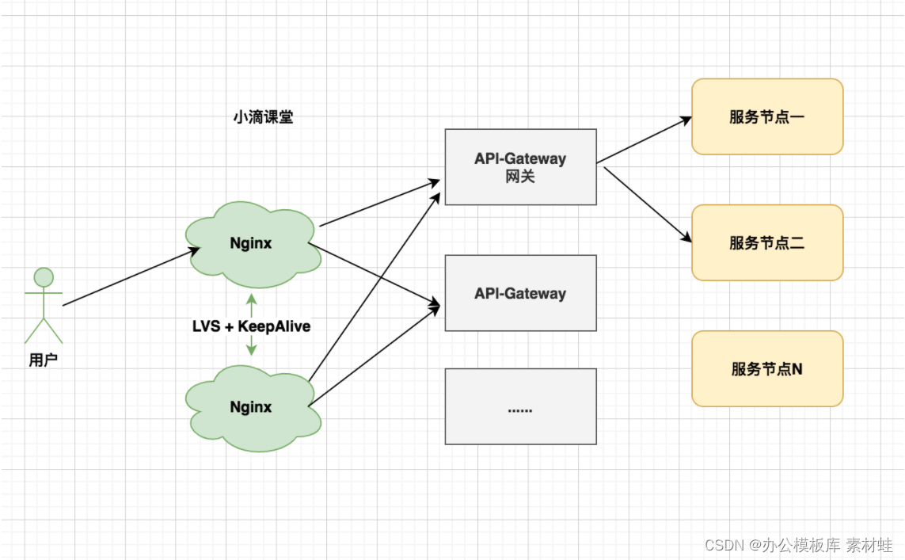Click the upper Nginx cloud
pyautogui.click(x=253, y=244)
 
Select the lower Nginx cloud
pyautogui.click(x=253, y=408)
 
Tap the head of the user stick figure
pyautogui.click(x=44, y=277)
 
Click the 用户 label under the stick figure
pyautogui.click(x=44, y=360)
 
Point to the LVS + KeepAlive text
pyautogui.click(x=251, y=326)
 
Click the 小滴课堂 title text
pyautogui.click(x=263, y=117)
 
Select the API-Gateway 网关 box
pyautogui.click(x=521, y=167)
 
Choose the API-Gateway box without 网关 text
pyautogui.click(x=521, y=293)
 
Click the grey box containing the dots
pyautogui.click(x=521, y=406)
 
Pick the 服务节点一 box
pyautogui.click(x=768, y=116)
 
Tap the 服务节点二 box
pyautogui.click(x=768, y=242)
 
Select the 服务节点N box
pyautogui.click(x=768, y=368)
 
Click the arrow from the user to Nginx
pyautogui.click(x=131, y=276)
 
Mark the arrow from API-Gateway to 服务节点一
pyautogui.click(x=645, y=140)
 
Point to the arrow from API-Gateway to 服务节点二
pyautogui.click(x=648, y=205)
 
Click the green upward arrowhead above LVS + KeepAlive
pyautogui.click(x=251, y=299)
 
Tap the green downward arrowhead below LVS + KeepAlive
pyautogui.click(x=251, y=350)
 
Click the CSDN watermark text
pyautogui.click(x=799, y=545)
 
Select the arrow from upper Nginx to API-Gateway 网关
pyautogui.click(x=380, y=204)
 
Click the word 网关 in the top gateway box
pyautogui.click(x=520, y=177)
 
